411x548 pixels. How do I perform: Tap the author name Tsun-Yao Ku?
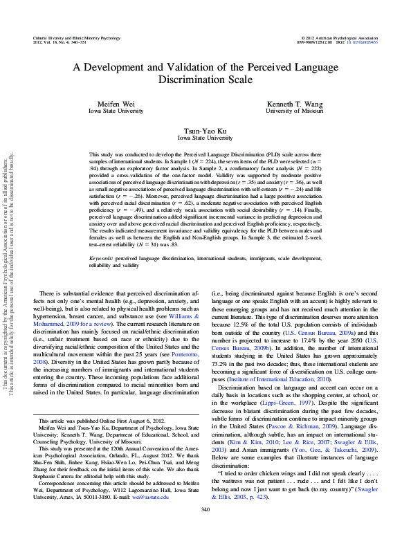[205, 130]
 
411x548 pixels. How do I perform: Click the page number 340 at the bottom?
[205, 530]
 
